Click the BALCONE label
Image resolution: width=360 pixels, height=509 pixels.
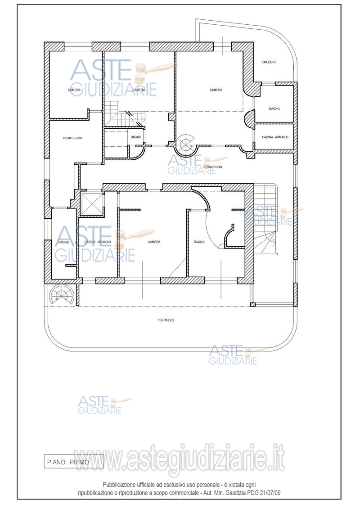pos(269,62)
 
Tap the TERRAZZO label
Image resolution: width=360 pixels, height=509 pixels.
pos(166,320)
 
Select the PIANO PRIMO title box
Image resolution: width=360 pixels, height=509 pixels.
pos(73,462)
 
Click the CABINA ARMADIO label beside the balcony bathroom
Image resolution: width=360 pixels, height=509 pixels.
pos(275,137)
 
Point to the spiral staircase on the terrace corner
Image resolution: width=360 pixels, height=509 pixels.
pos(62,295)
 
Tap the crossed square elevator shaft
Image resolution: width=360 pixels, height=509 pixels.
pos(91,204)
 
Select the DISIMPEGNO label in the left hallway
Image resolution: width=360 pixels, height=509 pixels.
pos(72,138)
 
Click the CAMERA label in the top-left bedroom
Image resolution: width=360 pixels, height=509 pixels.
pos(74,90)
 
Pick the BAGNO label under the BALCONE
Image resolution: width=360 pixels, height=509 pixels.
pos(274,109)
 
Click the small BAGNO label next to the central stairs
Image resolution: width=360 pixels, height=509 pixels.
pos(136,137)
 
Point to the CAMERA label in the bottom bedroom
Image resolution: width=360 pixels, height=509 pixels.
pos(154,242)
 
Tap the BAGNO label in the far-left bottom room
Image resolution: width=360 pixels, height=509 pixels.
pos(63,242)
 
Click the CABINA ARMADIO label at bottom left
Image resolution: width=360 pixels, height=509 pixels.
pos(98,242)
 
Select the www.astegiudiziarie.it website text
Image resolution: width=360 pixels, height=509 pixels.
pos(179,459)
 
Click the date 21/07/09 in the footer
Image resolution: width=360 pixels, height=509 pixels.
pos(271,493)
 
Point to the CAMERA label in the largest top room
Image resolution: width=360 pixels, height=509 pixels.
pos(216,90)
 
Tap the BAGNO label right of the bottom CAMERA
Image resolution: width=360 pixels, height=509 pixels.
pos(199,242)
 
